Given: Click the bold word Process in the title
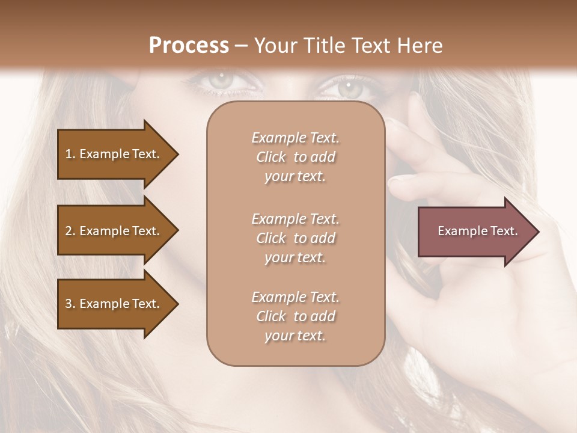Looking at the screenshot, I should pos(189,46).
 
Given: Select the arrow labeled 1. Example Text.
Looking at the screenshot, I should pos(114,154).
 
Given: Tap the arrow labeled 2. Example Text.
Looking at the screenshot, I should pos(114,231).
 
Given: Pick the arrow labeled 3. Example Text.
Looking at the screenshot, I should pos(114,304).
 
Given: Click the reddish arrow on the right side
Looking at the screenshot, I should pos(475,232).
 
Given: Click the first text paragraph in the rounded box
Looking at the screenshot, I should pos(295,157).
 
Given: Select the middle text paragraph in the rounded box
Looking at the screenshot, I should pos(295,238).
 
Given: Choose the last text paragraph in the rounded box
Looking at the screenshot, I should pos(295,316).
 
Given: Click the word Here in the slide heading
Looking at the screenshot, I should pos(421,46).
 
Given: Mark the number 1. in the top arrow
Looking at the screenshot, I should pos(70,154).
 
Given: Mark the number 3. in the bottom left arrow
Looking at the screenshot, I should pos(70,304).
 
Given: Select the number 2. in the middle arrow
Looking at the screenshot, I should pos(70,231).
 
